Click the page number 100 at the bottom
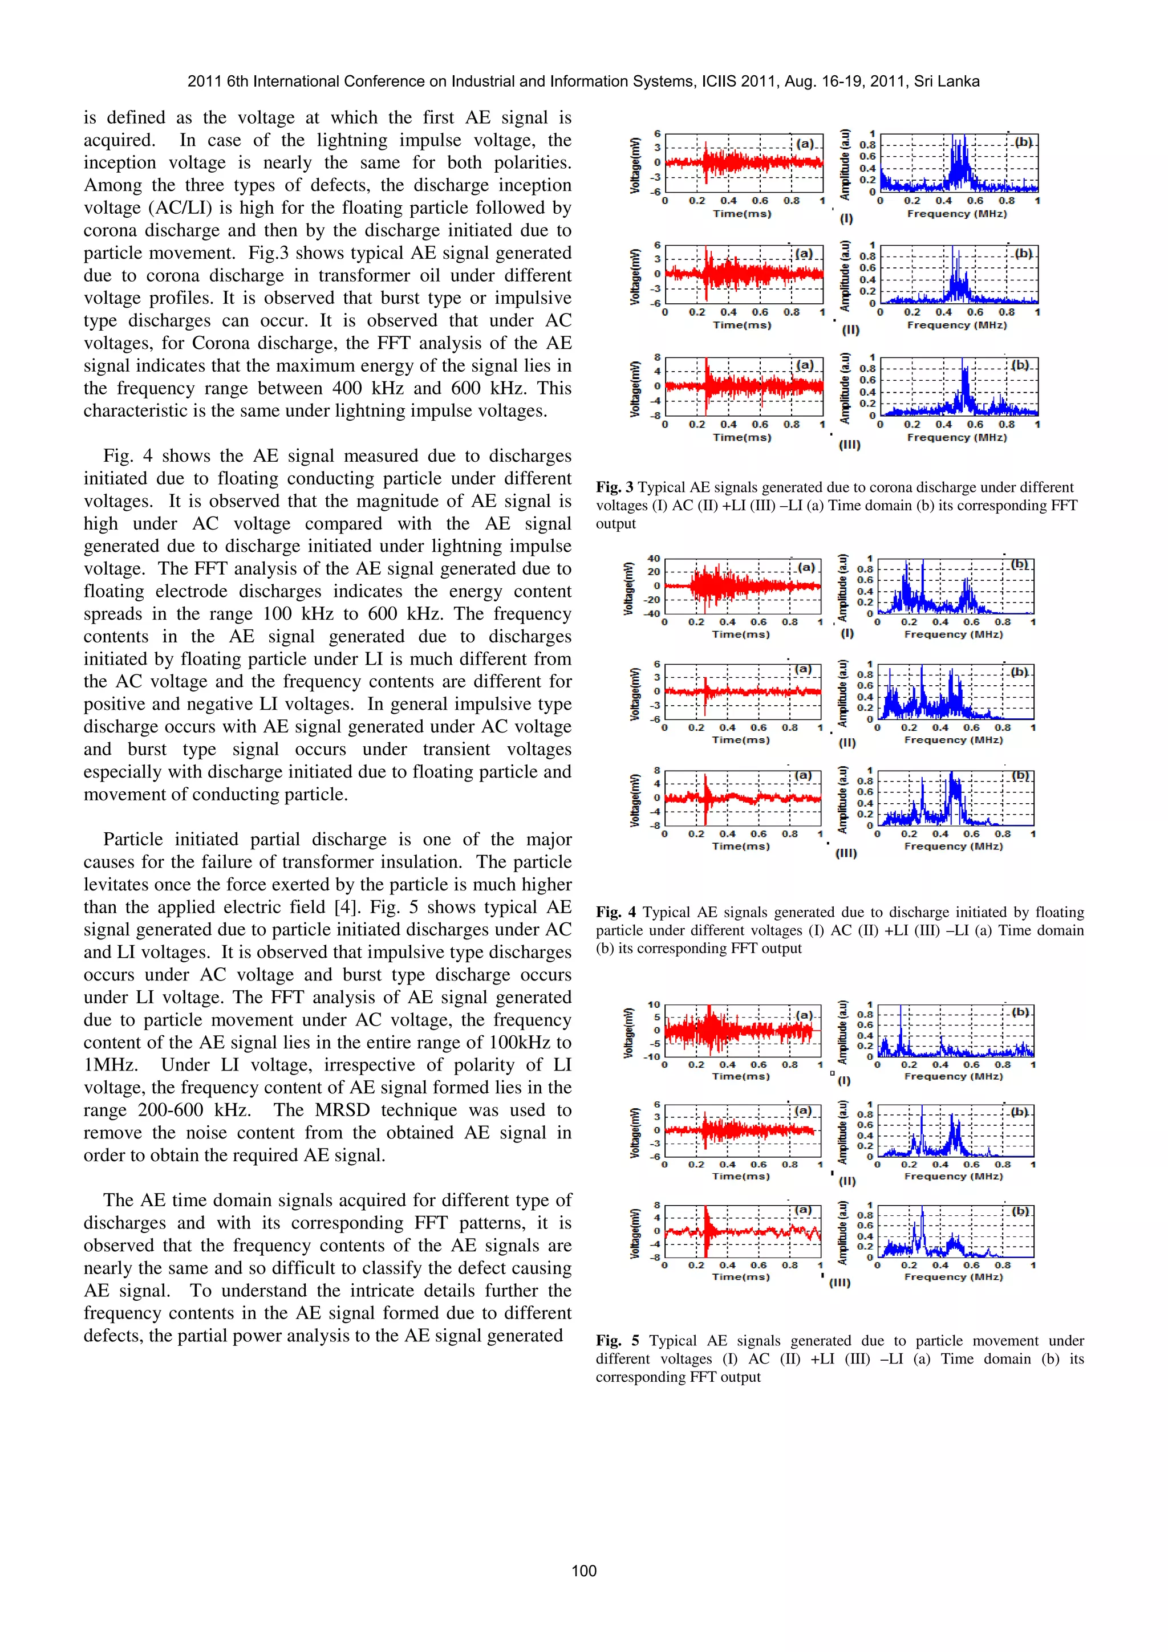coord(583,1570)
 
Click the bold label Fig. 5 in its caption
coord(617,1340)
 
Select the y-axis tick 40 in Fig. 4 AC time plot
coord(654,558)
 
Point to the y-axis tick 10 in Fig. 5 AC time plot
coord(654,1004)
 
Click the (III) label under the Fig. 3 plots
coord(849,445)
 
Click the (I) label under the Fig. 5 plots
coord(844,1080)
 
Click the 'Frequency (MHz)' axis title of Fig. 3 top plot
coord(956,214)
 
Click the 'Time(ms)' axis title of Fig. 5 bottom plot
coord(740,1276)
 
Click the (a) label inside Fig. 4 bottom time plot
coord(802,776)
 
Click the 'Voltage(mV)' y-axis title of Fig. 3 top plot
coord(635,164)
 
